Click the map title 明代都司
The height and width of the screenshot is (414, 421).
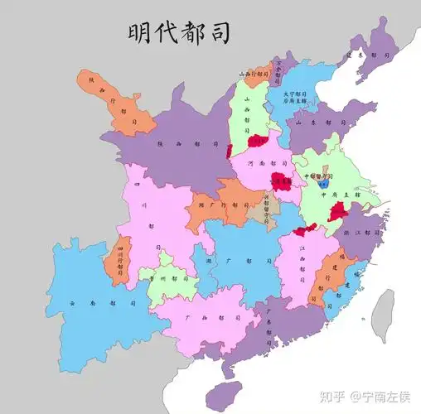[x=178, y=33]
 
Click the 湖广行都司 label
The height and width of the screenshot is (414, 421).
[x=211, y=205]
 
